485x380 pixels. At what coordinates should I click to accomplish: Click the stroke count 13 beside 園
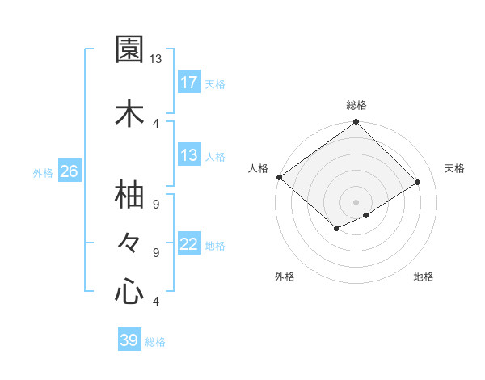coord(156,59)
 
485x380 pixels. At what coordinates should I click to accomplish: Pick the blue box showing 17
coord(189,82)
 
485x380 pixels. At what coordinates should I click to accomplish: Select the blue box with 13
coord(189,155)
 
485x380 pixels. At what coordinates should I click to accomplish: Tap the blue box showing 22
coord(189,244)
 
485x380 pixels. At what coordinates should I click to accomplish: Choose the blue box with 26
coord(69,171)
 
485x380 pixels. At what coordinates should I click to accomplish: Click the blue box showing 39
coord(129,340)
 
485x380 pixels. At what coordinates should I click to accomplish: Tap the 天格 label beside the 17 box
coord(215,83)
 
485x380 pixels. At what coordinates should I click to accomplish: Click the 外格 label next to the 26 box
coord(43,172)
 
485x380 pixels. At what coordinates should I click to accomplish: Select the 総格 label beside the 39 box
coord(155,342)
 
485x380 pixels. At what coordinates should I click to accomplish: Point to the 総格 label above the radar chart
coord(356,105)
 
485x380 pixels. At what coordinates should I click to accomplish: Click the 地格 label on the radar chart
coord(424,277)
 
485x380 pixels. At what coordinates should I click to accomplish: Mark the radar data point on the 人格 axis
coord(279,177)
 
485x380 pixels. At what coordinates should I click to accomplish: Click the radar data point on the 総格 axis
coord(356,123)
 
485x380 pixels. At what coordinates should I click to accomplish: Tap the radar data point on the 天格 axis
coord(418,182)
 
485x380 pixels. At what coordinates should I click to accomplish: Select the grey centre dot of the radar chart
coord(356,201)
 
